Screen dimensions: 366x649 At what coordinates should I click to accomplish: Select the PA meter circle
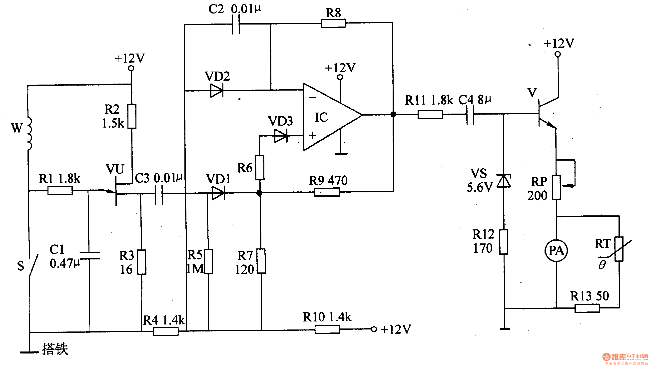pyautogui.click(x=556, y=250)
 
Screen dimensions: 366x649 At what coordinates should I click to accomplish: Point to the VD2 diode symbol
pyautogui.click(x=217, y=90)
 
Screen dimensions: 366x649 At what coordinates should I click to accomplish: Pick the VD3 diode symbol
pyautogui.click(x=281, y=136)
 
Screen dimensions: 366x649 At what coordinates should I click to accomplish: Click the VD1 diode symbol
pyautogui.click(x=218, y=193)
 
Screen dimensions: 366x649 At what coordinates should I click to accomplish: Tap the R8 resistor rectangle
pyautogui.click(x=333, y=24)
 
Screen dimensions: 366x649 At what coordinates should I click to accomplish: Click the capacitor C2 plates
pyautogui.click(x=236, y=24)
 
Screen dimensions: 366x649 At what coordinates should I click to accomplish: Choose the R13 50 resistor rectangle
pyautogui.click(x=587, y=308)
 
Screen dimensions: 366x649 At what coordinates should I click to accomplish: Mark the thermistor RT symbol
pyautogui.click(x=619, y=249)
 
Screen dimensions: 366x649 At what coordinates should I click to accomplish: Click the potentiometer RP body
pyautogui.click(x=556, y=187)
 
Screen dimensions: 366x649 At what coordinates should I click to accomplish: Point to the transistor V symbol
pyautogui.click(x=544, y=114)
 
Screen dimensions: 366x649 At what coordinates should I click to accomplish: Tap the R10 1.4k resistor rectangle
pyautogui.click(x=327, y=329)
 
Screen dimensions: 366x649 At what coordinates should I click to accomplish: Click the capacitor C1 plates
pyautogui.click(x=89, y=255)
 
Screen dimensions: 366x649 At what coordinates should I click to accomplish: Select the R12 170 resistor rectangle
pyautogui.click(x=504, y=242)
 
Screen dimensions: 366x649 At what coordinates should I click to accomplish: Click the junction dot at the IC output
pyautogui.click(x=393, y=115)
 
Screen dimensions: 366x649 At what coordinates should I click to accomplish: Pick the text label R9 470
pyautogui.click(x=328, y=181)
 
